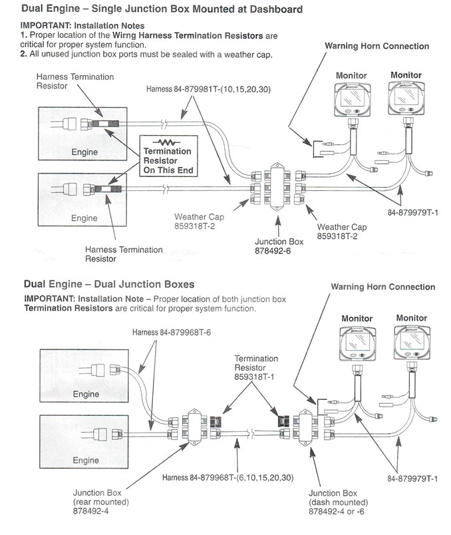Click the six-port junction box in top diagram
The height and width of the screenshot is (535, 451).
[275, 184]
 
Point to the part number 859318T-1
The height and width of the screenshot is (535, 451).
[253, 376]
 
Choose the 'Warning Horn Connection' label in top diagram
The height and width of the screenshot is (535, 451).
[376, 46]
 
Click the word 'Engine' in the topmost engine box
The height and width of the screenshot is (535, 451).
[84, 152]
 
